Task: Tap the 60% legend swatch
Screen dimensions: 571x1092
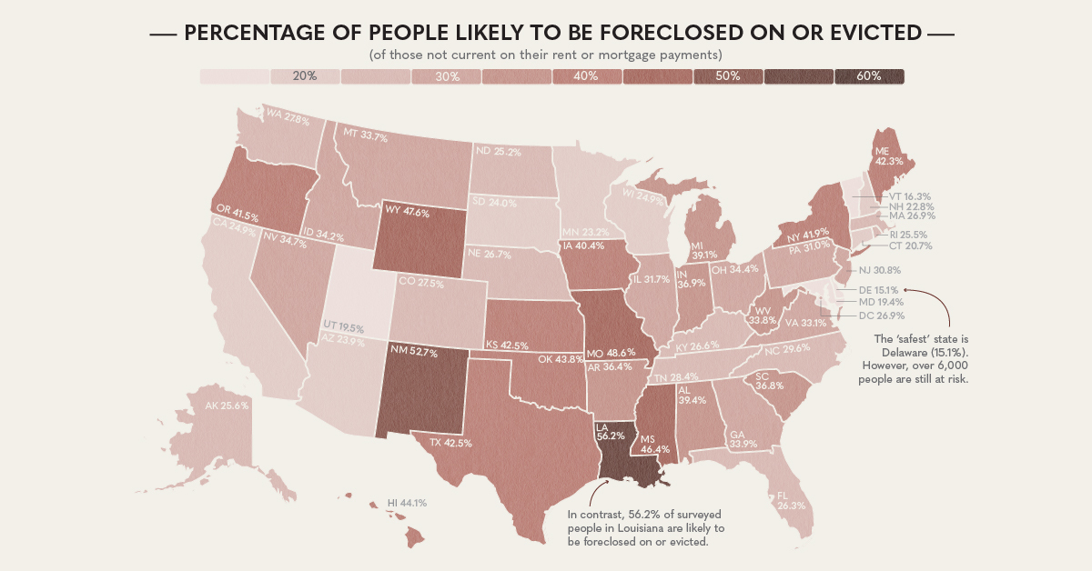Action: (x=869, y=77)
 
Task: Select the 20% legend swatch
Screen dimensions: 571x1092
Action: (x=305, y=77)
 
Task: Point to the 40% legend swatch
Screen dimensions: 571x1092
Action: (x=587, y=77)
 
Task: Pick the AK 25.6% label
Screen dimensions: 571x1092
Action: (x=227, y=406)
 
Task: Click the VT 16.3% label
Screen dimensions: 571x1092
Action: (x=909, y=195)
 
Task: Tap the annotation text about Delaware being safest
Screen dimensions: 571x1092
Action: (x=913, y=360)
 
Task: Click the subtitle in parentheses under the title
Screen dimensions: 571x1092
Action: (x=552, y=56)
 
